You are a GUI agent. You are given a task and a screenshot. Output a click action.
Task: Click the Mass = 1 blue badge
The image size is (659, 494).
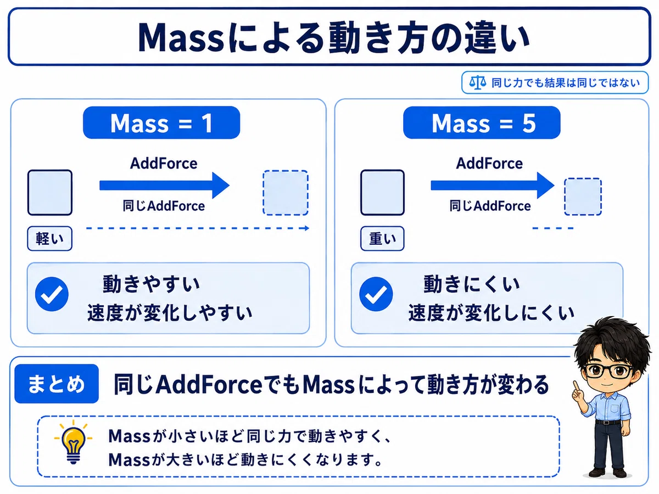pos(161,122)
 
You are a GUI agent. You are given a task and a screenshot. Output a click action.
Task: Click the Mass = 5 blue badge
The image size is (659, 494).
pos(482,122)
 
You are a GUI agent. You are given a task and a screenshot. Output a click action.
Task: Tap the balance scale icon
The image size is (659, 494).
pos(477,82)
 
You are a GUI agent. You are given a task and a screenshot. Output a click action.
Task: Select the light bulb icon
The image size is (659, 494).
pos(73,442)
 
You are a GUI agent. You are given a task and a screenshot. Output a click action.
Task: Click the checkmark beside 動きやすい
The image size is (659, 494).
pos(52,294)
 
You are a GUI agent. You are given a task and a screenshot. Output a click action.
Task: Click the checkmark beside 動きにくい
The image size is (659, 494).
pos(376,294)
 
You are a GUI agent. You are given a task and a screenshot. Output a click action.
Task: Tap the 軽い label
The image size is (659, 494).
pos(50,238)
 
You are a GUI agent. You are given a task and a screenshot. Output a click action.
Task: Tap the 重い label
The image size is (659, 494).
pos(382,238)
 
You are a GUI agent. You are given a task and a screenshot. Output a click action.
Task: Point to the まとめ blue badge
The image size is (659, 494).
pos(57,384)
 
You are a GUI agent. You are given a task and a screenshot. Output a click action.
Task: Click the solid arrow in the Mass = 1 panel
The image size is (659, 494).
pos(165,186)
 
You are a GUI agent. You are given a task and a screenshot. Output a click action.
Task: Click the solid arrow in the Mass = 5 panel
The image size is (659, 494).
pos(493,186)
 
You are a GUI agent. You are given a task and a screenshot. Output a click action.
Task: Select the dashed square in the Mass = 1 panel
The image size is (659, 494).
pos(286,193)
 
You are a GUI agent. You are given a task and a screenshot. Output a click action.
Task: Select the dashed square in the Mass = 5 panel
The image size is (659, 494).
pos(583,197)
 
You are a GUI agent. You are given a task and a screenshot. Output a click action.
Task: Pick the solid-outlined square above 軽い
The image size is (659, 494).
pos(50,193)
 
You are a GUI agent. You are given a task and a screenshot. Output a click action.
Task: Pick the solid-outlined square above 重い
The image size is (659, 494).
pos(382,193)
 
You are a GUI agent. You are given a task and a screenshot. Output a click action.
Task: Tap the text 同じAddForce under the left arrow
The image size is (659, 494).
pos(164,206)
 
